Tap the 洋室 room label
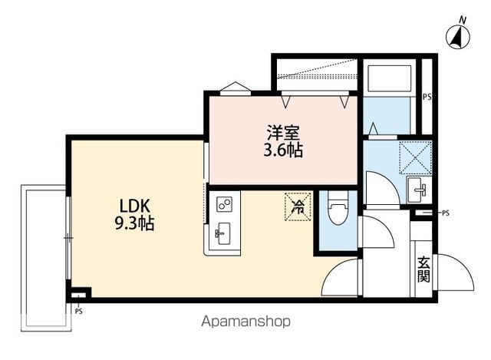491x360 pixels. tap(283, 131)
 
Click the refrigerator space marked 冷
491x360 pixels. tap(297, 205)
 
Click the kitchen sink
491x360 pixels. tap(223, 232)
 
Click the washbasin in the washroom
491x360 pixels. tap(418, 188)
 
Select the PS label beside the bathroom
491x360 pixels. tap(427, 97)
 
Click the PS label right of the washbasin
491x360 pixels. tap(446, 213)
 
